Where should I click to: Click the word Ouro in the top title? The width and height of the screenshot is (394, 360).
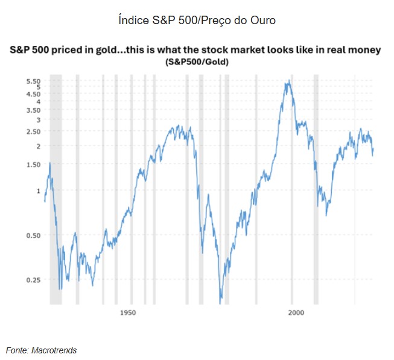coord(263,20)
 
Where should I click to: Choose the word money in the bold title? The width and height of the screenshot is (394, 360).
coord(364,51)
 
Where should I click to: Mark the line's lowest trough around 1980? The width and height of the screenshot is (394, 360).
coord(221,297)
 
